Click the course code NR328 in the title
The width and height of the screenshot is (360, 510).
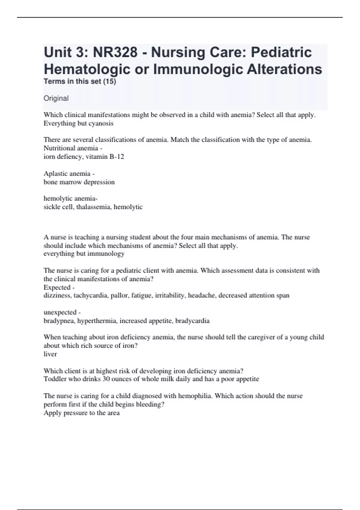tap(115, 52)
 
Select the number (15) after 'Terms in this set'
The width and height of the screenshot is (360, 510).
tap(109, 82)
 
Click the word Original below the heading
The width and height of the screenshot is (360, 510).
tap(56, 98)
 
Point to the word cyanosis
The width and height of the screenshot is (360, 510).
tap(101, 123)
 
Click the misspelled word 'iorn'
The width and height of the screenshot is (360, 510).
tap(49, 157)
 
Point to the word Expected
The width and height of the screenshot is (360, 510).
tap(57, 287)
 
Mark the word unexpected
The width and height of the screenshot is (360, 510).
tap(60, 312)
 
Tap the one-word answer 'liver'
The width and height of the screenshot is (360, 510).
tap(50, 354)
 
